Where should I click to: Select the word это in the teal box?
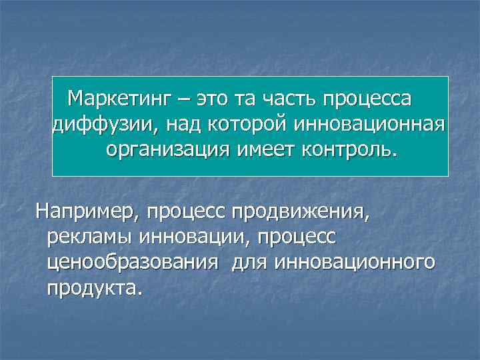click(x=209, y=100)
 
